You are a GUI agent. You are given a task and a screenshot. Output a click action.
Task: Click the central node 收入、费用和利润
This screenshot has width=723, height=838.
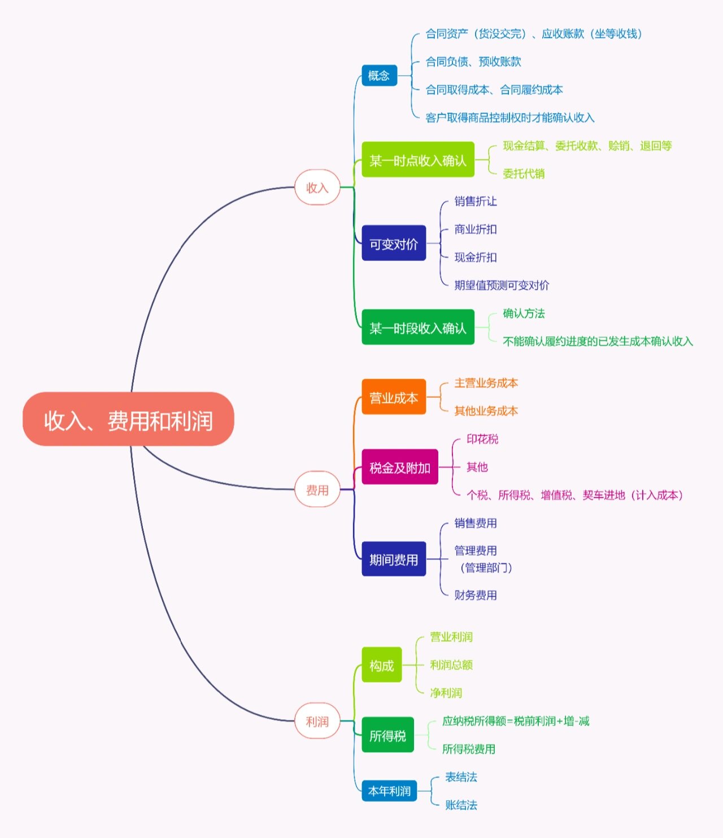[128, 419]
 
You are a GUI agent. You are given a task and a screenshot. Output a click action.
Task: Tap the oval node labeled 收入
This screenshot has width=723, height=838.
[317, 187]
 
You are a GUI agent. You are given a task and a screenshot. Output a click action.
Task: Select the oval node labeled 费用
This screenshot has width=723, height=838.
[317, 490]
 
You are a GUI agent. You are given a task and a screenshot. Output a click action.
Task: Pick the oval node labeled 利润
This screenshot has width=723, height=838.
[317, 721]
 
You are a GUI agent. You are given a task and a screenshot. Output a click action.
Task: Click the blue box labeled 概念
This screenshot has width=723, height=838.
[379, 76]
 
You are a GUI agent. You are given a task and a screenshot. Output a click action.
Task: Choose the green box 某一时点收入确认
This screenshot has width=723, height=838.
[417, 160]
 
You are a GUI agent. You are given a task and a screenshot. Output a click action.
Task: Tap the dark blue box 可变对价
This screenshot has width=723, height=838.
[393, 244]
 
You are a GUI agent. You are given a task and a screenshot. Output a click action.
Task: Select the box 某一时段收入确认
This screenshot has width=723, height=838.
[417, 327]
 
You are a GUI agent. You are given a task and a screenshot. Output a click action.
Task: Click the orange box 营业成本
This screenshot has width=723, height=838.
[393, 397]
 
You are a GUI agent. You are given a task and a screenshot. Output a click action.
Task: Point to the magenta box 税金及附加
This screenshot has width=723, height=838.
[399, 467]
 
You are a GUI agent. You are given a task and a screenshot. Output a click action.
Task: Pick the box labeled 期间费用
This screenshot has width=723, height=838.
[393, 559]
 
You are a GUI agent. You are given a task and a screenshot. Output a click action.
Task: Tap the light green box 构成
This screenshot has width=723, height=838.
[381, 665]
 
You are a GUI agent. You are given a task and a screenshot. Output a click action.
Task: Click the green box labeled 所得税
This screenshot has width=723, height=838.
[387, 735]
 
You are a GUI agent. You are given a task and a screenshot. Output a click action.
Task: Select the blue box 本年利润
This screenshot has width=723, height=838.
[389, 791]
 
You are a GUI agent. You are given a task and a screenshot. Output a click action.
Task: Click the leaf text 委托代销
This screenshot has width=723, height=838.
[524, 173]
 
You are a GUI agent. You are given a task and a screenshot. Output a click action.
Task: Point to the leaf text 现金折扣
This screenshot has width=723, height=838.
[476, 257]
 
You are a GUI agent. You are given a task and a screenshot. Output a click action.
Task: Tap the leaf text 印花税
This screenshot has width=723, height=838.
[482, 439]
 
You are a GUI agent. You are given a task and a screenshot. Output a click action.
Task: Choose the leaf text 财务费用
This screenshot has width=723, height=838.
[476, 595]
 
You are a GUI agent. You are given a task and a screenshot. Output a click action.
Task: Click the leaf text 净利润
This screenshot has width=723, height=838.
[446, 693]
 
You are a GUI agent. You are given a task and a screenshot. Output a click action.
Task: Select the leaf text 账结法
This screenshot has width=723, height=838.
[461, 805]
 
